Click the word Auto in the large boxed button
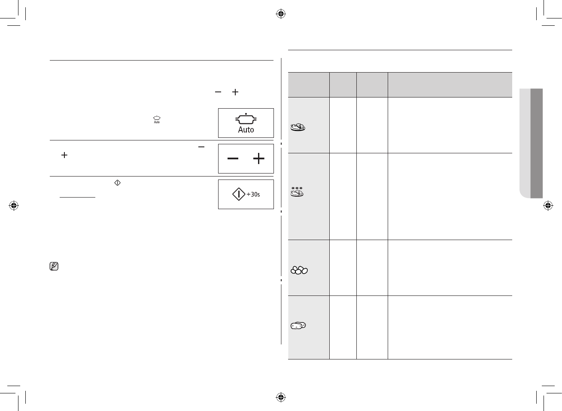pyautogui.click(x=246, y=130)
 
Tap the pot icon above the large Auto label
pyautogui.click(x=246, y=119)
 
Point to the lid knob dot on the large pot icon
pyautogui.click(x=246, y=114)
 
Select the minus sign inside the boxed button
pyautogui.click(x=233, y=159)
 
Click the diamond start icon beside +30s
pyautogui.click(x=238, y=195)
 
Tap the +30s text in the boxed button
pyautogui.click(x=253, y=195)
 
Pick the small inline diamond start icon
pyautogui.click(x=118, y=183)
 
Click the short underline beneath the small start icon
pyautogui.click(x=77, y=197)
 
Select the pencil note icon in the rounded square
pyautogui.click(x=54, y=267)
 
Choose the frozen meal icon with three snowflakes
pyautogui.click(x=297, y=192)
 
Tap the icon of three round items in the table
pyautogui.click(x=299, y=270)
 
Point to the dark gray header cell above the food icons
pyautogui.click(x=308, y=85)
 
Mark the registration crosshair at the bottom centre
pyautogui.click(x=281, y=396)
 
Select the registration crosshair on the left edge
pyautogui.click(x=14, y=205)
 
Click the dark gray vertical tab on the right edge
pyautogui.click(x=537, y=143)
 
